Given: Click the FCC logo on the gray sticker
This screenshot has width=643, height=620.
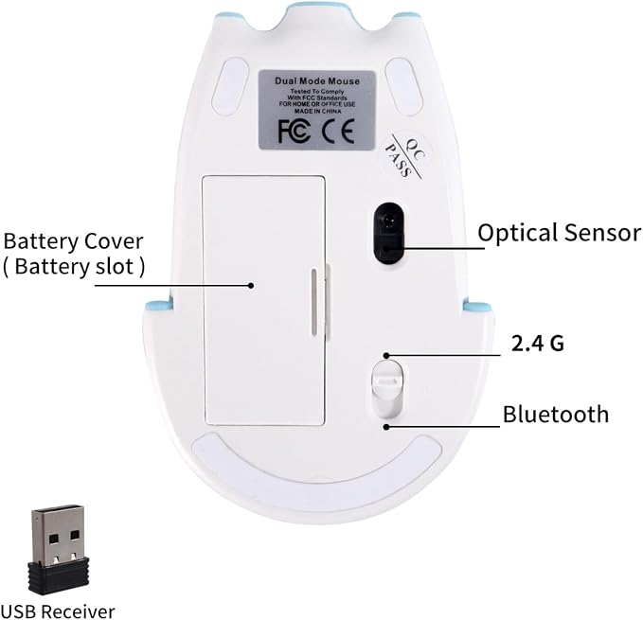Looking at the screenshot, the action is coord(294,132).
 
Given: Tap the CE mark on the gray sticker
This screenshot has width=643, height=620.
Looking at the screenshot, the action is coord(338,132).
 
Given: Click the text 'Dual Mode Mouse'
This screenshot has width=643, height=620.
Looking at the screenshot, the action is coord(317,81).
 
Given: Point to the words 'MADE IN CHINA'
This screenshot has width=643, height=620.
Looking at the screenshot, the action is coord(317,111).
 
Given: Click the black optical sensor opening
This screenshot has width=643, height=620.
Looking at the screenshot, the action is coord(389,232).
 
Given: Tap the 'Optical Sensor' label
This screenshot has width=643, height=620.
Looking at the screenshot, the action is coord(560,233).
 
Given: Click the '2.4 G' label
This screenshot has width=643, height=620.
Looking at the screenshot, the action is coord(538,344).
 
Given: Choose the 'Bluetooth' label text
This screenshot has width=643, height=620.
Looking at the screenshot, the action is coord(556,415).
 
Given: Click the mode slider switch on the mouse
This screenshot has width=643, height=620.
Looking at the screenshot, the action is coord(386,388).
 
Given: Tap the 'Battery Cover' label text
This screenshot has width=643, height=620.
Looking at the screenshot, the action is coord(74,241).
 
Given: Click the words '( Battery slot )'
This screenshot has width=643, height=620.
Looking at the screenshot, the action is coord(74,267).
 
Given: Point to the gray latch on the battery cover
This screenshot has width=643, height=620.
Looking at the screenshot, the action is coord(314,302).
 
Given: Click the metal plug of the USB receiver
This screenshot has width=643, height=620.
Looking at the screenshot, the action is coord(58,535).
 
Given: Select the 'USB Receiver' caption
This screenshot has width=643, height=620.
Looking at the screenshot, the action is coord(58,611).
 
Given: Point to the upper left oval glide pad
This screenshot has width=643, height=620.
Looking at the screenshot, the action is coord(230,85).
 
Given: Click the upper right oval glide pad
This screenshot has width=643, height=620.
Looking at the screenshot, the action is coord(405,87).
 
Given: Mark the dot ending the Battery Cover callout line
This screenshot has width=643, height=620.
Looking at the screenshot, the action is coord(251,286).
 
